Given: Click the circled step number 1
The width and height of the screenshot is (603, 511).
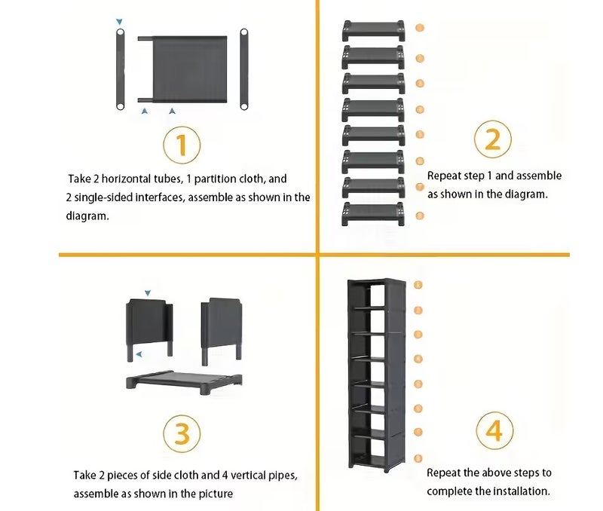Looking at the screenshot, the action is (x=182, y=145).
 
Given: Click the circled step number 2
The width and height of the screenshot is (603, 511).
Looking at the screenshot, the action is (x=493, y=139).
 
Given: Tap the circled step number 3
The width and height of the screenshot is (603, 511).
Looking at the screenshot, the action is (x=182, y=433).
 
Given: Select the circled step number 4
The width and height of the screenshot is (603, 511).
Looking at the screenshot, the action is (x=494, y=430).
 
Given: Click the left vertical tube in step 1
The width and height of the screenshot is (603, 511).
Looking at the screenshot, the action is (x=121, y=69).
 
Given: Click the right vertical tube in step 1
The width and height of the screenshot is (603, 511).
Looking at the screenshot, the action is (x=243, y=69).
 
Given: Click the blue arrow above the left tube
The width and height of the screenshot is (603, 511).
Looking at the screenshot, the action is (x=120, y=22).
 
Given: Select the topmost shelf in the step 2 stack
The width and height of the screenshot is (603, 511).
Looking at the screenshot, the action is (x=373, y=30).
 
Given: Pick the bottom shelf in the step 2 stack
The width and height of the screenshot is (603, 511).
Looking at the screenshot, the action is (x=373, y=213).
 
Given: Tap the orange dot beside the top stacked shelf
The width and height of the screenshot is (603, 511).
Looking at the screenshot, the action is (x=420, y=28).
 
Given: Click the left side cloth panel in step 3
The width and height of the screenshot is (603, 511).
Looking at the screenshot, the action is (x=149, y=330).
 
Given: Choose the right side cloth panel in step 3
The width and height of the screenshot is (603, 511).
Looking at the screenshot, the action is (x=222, y=332).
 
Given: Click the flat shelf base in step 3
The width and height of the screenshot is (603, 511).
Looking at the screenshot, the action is (x=184, y=382).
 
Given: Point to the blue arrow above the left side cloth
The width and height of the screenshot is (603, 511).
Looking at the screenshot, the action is (x=148, y=293).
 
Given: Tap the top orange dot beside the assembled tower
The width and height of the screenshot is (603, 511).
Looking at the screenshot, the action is (x=418, y=285).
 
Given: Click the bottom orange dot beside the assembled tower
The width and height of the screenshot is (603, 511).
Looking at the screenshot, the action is (x=418, y=458).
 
